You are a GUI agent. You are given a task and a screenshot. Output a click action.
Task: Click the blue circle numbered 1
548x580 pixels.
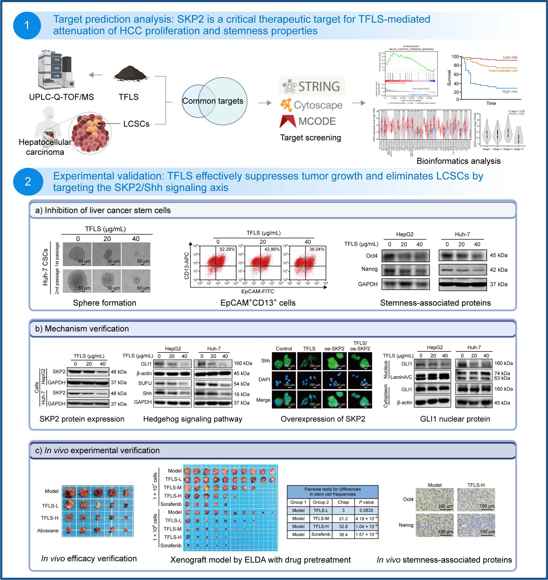[27, 25]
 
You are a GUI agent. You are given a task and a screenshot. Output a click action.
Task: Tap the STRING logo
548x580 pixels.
[312, 86]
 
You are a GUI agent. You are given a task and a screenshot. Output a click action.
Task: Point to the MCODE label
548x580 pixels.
[317, 121]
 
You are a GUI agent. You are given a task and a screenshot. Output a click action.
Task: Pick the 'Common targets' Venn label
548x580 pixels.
[213, 101]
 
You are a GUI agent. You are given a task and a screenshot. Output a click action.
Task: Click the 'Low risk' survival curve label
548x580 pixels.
[510, 57]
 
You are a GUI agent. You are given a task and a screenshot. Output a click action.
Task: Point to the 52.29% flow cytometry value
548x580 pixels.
[227, 249]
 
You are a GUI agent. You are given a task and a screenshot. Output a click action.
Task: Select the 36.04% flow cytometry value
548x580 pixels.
[317, 249]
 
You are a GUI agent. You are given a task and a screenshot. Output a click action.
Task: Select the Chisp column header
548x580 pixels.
[343, 502]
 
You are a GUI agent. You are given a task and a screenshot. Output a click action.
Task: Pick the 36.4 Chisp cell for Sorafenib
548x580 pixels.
[343, 534]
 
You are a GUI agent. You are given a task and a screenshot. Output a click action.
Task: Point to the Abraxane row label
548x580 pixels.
[48, 531]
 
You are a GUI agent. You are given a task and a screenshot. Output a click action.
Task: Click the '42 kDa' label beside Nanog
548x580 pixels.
[498, 270]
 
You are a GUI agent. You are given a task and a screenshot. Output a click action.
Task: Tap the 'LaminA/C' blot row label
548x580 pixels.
[401, 377]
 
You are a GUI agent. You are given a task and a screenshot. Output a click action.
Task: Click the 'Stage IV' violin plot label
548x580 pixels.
[519, 149]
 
